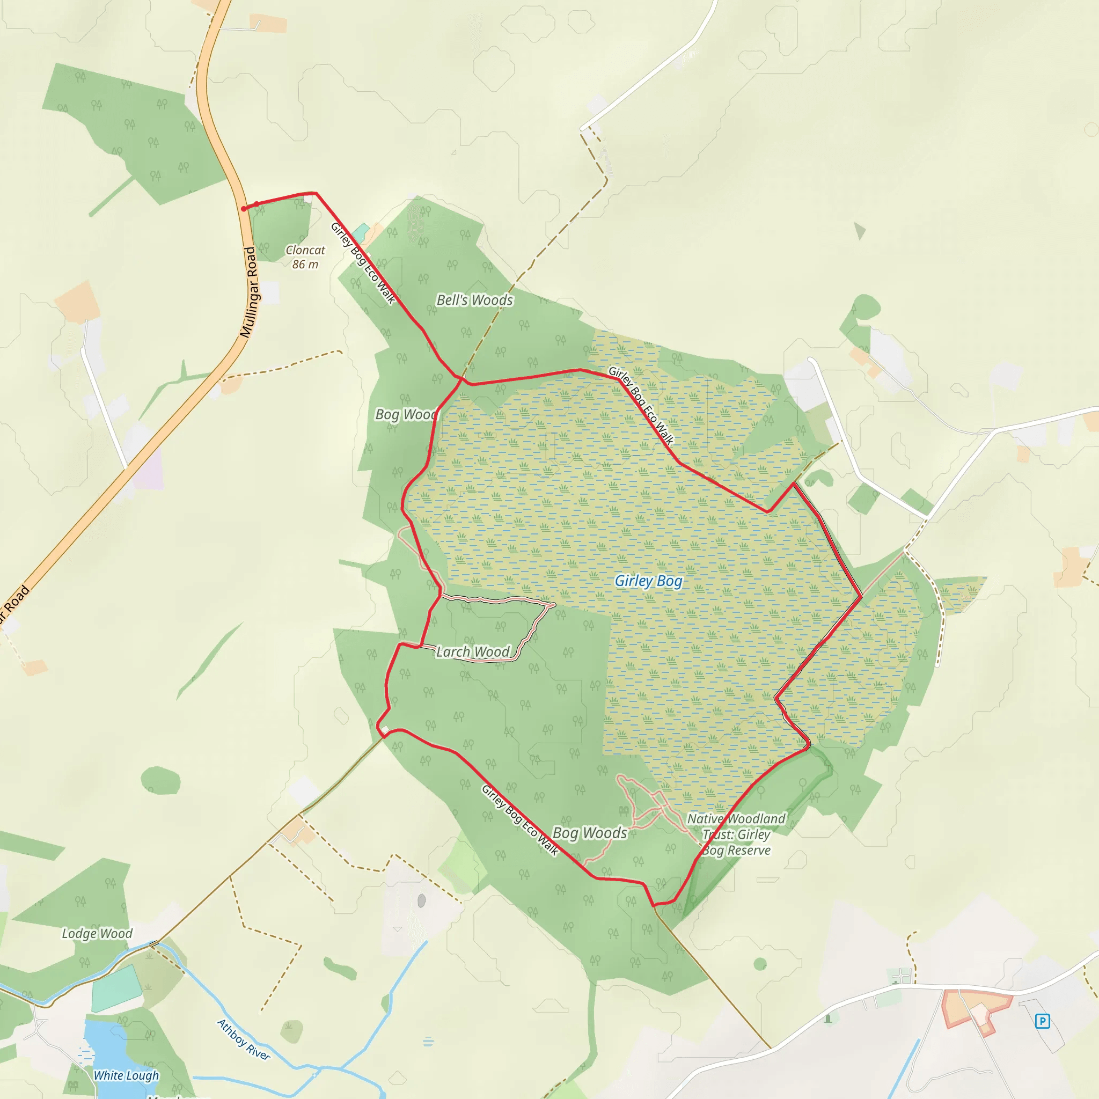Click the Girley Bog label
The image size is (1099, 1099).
tap(648, 581)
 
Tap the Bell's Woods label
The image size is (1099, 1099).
tap(474, 300)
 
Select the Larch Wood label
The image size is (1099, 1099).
tap(473, 652)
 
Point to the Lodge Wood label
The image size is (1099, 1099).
tap(97, 934)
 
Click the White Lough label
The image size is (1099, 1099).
tap(126, 1075)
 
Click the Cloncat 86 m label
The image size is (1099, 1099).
tap(305, 257)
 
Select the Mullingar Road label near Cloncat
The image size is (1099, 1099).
tap(249, 292)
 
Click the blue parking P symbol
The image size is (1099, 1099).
tap(1042, 1021)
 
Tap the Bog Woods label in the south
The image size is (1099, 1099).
tap(589, 833)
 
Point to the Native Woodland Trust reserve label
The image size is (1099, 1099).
tap(736, 834)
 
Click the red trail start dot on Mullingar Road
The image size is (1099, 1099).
tap(244, 209)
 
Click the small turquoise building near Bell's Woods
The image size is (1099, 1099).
tap(360, 231)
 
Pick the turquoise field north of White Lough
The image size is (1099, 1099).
tap(116, 989)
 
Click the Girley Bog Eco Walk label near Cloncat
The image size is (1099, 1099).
tap(363, 263)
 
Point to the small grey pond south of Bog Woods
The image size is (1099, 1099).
tap(421, 900)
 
